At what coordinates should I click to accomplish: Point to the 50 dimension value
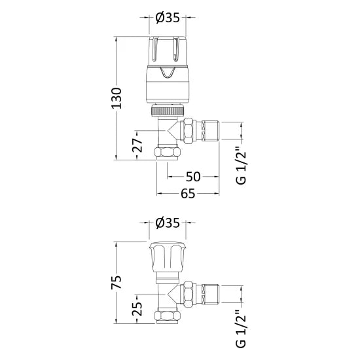pyautogui.click(x=192, y=176)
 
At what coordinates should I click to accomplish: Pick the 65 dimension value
pyautogui.click(x=188, y=193)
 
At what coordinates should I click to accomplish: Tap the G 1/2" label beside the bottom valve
pyautogui.click(x=240, y=331)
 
